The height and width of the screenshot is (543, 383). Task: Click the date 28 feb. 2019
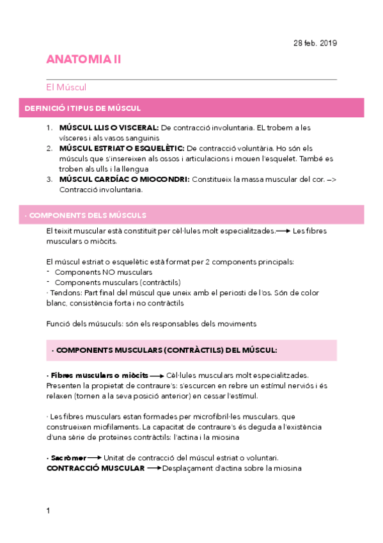315,44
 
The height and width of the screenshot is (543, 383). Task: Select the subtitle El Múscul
66,86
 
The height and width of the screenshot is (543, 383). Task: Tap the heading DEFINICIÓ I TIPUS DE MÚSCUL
82,109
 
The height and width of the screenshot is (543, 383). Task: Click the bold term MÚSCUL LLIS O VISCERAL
108,128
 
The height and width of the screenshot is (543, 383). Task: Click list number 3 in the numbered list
49,180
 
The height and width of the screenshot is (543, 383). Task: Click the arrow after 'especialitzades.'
283,231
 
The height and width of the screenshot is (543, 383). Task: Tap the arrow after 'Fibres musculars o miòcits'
157,375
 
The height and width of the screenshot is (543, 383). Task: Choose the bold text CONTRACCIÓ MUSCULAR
95,468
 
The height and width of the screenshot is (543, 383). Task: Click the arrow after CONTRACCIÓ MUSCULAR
153,468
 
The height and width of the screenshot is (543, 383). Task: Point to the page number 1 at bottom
48,510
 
